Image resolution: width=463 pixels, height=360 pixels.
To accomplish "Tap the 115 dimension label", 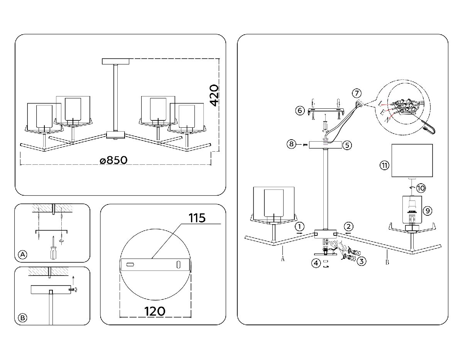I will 197,218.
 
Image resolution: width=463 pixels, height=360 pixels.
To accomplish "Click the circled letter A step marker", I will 23,254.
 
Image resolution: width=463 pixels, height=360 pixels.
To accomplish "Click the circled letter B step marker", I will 23,318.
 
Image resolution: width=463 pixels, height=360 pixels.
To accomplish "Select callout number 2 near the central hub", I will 348,226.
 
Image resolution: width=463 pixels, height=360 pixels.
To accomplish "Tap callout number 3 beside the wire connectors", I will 361,261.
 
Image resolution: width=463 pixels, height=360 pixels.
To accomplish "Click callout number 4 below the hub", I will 316,264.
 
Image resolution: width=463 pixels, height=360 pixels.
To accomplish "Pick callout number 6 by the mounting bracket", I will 300,111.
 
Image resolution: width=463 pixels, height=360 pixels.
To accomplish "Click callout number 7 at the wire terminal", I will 357,93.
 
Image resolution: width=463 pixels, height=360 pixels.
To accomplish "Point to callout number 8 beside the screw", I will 292,144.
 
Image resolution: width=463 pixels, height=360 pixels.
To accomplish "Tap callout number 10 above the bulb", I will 421,188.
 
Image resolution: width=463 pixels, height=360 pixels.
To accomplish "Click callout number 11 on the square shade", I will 384,166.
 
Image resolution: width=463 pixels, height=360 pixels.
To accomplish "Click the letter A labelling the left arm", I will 283,259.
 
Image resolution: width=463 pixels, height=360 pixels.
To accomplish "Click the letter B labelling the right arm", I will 387,263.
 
